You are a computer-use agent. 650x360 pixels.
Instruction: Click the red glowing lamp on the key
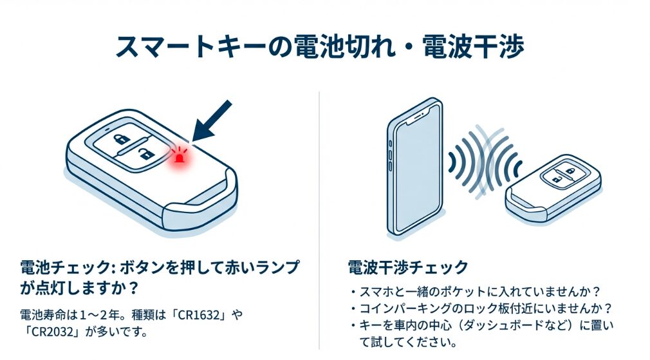coord(180,157)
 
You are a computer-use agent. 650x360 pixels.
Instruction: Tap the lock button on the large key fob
coord(122,138)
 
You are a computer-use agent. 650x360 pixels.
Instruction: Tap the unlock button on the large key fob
coord(147,155)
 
